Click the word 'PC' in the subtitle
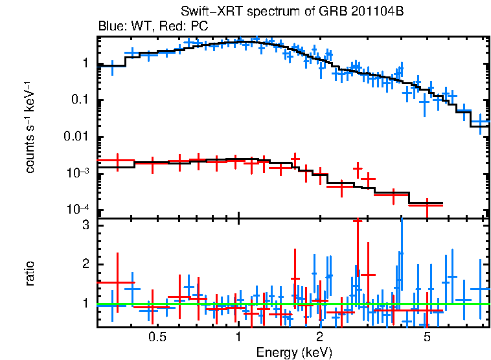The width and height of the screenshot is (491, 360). coord(199,27)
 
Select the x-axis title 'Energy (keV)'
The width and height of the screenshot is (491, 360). coord(294,352)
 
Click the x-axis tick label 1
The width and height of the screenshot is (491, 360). coord(239,338)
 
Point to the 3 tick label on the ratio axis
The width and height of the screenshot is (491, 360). coord(84,226)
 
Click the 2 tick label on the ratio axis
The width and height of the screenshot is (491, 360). coord(84,264)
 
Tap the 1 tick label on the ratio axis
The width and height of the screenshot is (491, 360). coord(84,303)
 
